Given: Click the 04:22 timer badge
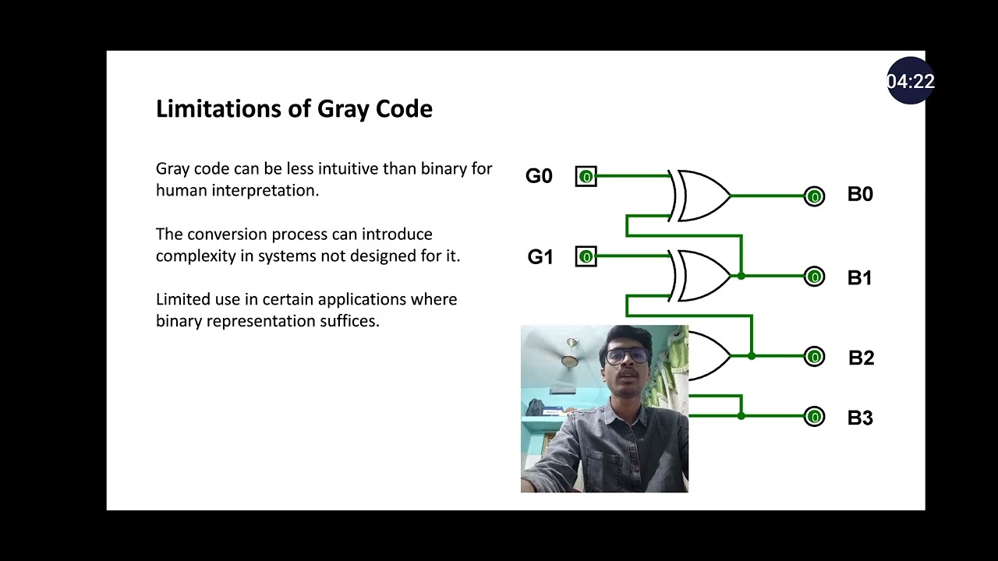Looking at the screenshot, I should point(910,81).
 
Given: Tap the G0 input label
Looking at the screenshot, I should point(539,176).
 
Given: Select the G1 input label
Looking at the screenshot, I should point(540,257).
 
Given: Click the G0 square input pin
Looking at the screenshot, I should point(586,177).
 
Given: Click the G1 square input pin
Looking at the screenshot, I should point(586,257).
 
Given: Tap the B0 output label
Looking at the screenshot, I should point(860,195).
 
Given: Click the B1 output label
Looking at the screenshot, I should point(859,278).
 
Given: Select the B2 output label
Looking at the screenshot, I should point(861,358).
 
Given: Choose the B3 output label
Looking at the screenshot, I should point(860,418).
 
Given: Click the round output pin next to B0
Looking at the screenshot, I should point(814,197).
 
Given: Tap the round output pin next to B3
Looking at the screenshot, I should point(814,418).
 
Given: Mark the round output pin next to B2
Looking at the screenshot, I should point(814,357).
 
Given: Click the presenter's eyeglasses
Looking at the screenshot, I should point(626,356).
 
